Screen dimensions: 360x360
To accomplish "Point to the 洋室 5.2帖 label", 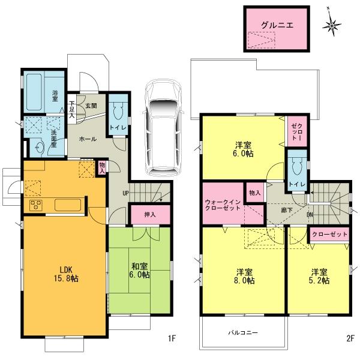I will point(319,275).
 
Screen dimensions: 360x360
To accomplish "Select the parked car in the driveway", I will point(161,125).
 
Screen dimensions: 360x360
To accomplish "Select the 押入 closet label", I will point(149,214).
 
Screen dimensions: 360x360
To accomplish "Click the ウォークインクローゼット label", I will point(223,204).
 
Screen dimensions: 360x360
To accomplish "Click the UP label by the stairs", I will point(125,193).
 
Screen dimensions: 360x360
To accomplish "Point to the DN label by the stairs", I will point(309,214).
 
